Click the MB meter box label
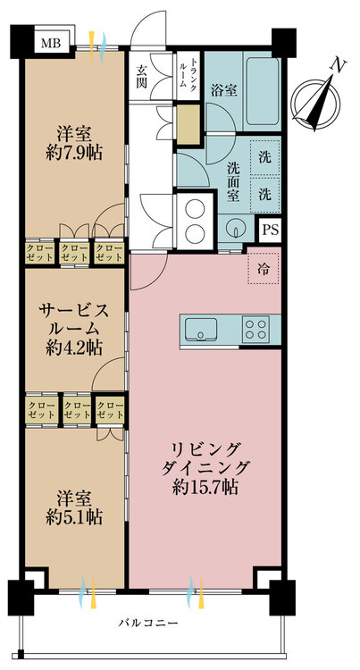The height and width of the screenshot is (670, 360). (x=52, y=42)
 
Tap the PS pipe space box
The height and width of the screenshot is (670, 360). (x=270, y=230)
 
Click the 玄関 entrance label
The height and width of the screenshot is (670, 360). (x=143, y=76)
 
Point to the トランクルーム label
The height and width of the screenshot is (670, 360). (x=187, y=71)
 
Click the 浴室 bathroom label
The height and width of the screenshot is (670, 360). (x=224, y=90)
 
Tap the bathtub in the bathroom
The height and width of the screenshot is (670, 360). (x=263, y=90)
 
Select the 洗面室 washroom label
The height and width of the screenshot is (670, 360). (x=233, y=181)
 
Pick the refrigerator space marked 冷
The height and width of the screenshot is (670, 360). (x=264, y=268)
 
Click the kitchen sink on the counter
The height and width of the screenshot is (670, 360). (x=200, y=328)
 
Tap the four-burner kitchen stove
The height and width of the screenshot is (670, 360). (x=255, y=329)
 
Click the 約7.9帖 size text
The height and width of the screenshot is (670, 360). (x=74, y=153)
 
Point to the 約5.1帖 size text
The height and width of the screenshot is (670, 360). (x=74, y=517)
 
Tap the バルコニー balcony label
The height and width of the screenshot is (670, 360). (x=148, y=623)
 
